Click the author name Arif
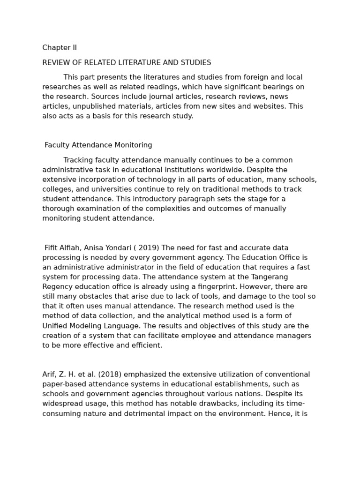(49, 375)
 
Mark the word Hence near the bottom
(284, 414)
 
